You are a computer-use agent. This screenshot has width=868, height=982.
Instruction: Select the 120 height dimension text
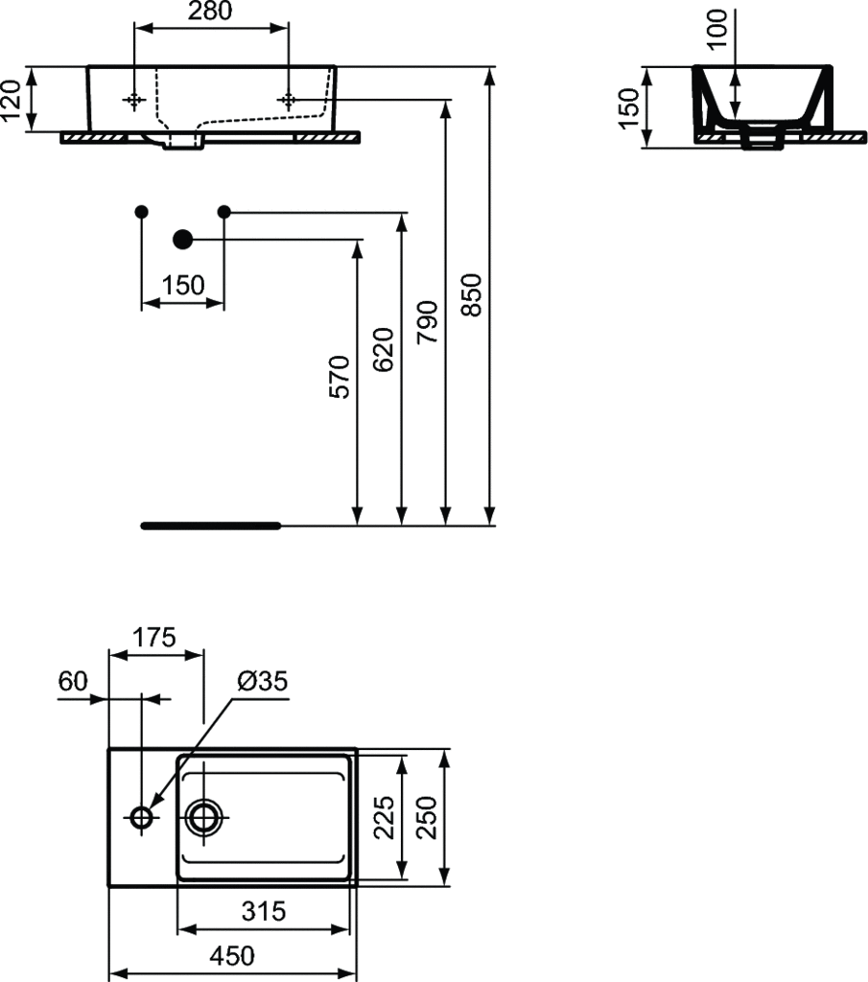(x=12, y=99)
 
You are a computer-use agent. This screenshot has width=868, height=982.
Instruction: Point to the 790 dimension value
(x=428, y=321)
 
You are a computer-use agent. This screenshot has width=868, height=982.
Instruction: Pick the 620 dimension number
(x=383, y=349)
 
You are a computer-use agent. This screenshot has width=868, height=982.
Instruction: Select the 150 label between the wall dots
(x=183, y=285)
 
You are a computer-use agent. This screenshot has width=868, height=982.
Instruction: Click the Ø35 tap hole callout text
(x=261, y=681)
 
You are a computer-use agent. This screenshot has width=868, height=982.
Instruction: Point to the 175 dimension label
(x=154, y=637)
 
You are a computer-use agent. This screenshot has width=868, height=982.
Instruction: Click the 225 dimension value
(x=383, y=817)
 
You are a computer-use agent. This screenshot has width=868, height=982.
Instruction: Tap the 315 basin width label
(x=264, y=910)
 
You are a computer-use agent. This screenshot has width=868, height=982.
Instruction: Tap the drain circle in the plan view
(x=205, y=817)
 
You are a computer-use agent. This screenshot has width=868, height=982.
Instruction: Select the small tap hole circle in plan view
(x=142, y=817)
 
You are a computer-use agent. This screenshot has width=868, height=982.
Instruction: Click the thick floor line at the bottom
(x=211, y=526)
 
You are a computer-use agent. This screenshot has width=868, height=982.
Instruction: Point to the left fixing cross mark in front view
(x=133, y=100)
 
